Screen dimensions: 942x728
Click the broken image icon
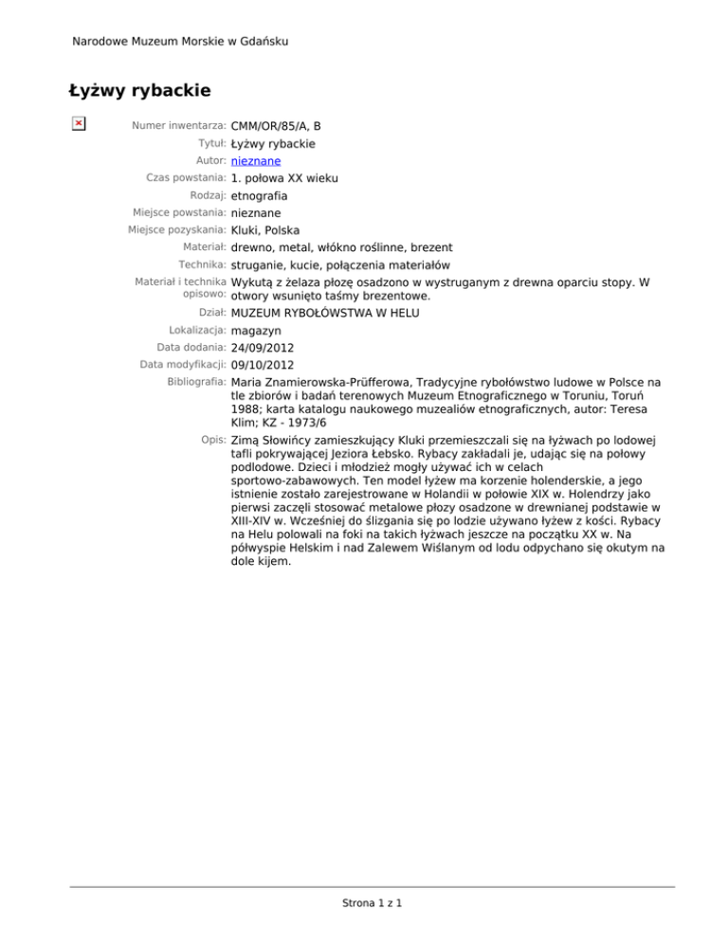(x=79, y=123)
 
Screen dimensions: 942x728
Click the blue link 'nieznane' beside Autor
(x=255, y=161)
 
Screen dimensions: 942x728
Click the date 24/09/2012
(x=264, y=348)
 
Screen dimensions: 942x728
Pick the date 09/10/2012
(x=264, y=365)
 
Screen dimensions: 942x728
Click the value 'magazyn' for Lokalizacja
(x=256, y=331)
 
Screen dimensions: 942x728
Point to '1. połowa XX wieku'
(x=284, y=178)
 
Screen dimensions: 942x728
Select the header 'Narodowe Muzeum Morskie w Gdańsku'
(x=181, y=41)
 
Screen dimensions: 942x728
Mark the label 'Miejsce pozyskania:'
(x=176, y=228)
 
